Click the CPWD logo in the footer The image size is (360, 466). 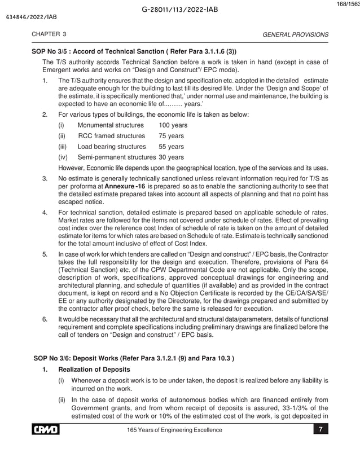click(x=46, y=430)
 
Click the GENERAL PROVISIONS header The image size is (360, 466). click(x=296, y=34)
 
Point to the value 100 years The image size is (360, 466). click(x=173, y=125)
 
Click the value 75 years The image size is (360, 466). click(x=172, y=136)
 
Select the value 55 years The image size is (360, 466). click(x=172, y=147)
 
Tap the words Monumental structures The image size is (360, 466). click(x=111, y=125)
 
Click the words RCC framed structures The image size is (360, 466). click(x=111, y=136)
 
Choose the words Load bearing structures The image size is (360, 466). click(x=112, y=147)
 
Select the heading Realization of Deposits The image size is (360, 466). click(x=93, y=370)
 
